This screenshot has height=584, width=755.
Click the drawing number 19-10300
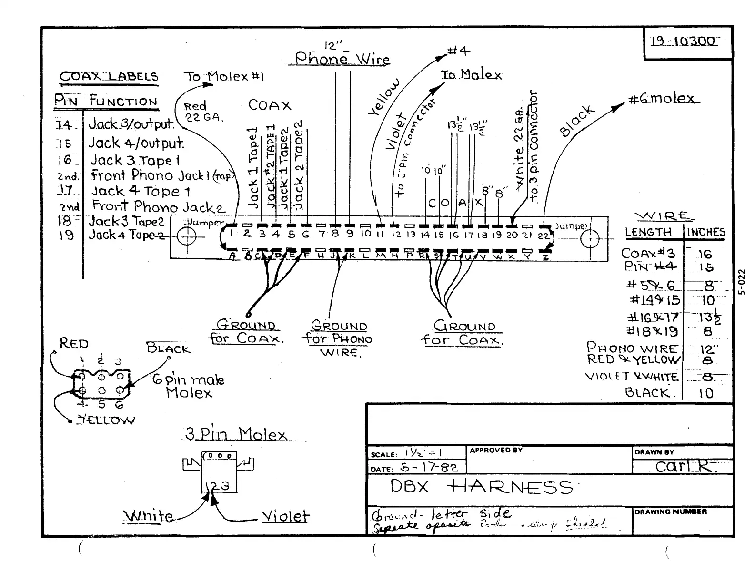tap(683, 41)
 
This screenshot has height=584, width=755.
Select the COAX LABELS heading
tap(109, 77)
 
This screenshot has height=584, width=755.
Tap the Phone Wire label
tap(342, 59)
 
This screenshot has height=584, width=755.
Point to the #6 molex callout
tap(662, 99)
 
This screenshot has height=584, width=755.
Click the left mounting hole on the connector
tap(186, 237)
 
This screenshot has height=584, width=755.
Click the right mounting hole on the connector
tap(590, 239)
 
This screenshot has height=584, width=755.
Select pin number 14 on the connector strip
tap(425, 235)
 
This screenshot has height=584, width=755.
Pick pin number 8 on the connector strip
tap(335, 234)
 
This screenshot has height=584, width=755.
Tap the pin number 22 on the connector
tap(544, 235)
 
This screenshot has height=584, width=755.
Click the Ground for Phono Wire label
tap(339, 339)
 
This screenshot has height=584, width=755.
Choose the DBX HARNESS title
tap(481, 487)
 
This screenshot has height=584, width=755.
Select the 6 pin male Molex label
tap(189, 386)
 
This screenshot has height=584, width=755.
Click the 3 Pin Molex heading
tap(236, 434)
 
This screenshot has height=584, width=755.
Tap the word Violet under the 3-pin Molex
tap(285, 516)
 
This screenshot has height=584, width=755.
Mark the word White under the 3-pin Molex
tap(149, 516)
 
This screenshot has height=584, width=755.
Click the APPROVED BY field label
tap(496, 450)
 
